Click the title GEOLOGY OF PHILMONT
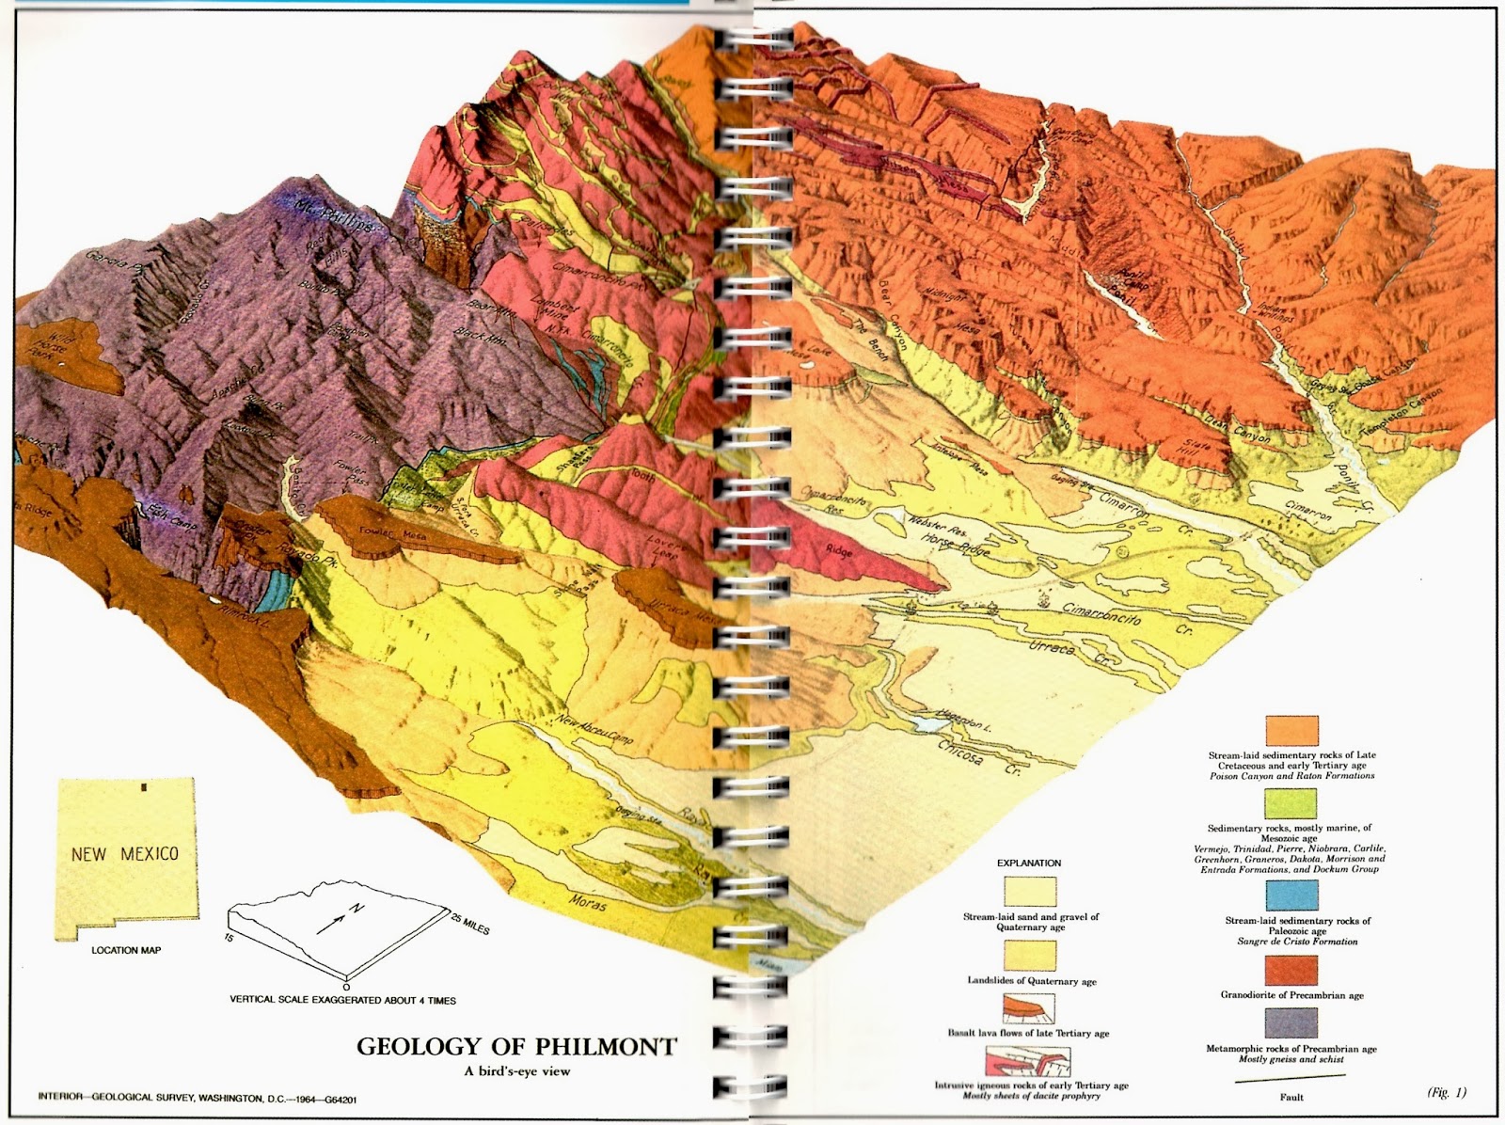click(x=516, y=1046)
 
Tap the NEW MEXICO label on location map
click(x=125, y=854)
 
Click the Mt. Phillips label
click(x=340, y=217)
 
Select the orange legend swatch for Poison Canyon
click(x=1291, y=731)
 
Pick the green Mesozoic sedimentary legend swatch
click(x=1291, y=803)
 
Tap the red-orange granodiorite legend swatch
click(x=1291, y=971)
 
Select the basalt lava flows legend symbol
click(x=1028, y=1008)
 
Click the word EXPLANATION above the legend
click(x=1028, y=863)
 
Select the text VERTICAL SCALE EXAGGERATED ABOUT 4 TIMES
click(x=342, y=1000)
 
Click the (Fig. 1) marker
click(x=1446, y=1092)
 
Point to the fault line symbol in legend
click(x=1291, y=1082)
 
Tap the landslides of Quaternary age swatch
click(x=1028, y=956)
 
